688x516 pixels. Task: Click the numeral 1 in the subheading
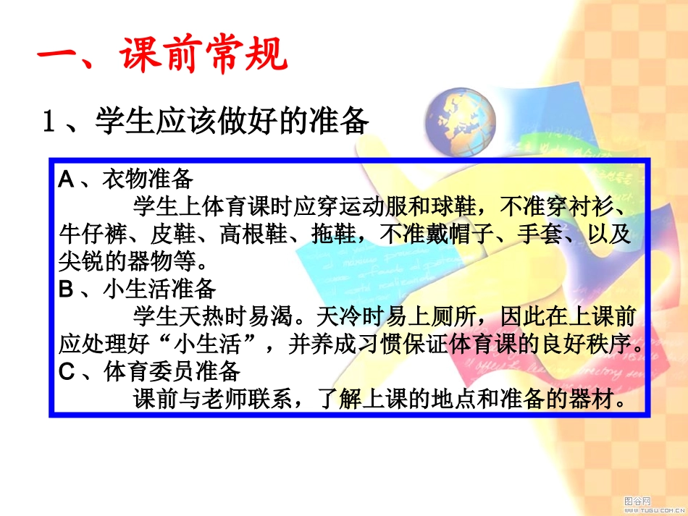click(49, 122)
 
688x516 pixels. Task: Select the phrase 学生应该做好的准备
click(232, 121)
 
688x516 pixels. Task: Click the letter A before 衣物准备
click(66, 179)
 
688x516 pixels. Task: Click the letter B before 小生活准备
click(66, 289)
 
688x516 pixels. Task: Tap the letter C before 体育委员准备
click(67, 372)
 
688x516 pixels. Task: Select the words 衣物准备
click(148, 179)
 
